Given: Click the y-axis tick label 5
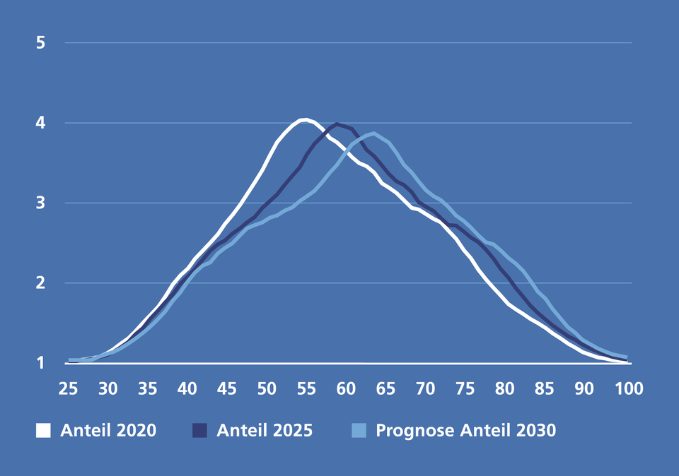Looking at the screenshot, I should (40, 42).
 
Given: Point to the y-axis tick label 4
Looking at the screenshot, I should (40, 123).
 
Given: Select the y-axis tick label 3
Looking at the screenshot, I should (40, 203).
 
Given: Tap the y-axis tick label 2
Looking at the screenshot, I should (40, 283).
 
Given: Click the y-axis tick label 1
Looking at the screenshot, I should (40, 363).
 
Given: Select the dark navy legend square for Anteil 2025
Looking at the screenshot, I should (200, 430).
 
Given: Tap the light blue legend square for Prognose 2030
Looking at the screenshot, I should (359, 430).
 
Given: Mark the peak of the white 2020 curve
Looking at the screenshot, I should (304, 119).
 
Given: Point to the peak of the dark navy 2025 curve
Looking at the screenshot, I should (338, 124).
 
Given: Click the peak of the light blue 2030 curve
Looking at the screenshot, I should (374, 133).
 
